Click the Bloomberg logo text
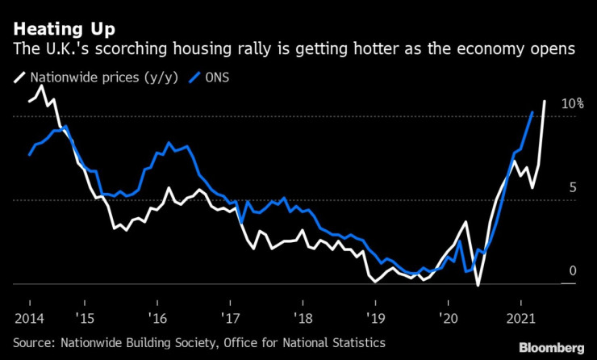click(551, 348)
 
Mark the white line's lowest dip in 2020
click(478, 285)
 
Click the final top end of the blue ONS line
click(532, 112)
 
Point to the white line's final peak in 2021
click(545, 102)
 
